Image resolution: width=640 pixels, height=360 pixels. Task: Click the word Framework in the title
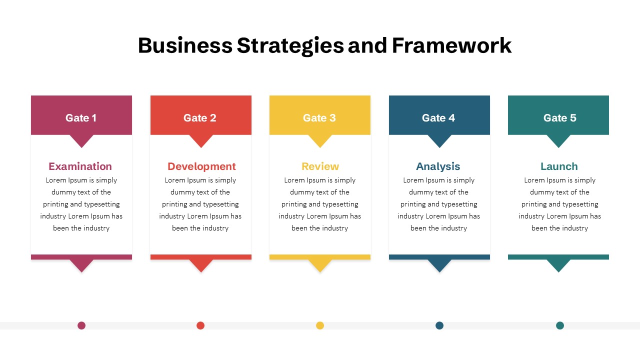click(x=451, y=45)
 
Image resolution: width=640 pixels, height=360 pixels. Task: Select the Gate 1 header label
click(x=81, y=117)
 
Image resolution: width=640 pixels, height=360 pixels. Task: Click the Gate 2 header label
click(x=199, y=117)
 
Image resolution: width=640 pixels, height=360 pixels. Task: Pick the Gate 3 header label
click(x=319, y=117)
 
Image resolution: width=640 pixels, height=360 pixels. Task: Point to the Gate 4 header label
click(x=438, y=117)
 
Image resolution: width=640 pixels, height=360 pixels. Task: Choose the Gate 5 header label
click(x=559, y=117)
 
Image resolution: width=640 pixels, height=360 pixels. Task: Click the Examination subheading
click(x=80, y=166)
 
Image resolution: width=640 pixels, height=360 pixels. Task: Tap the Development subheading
click(x=201, y=167)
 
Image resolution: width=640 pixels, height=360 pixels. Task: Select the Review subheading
click(x=320, y=166)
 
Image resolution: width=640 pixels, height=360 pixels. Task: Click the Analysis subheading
click(x=438, y=167)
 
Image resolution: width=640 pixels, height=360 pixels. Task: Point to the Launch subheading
click(x=559, y=166)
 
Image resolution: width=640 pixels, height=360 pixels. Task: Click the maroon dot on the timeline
click(x=81, y=325)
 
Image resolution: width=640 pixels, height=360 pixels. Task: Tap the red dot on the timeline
click(x=200, y=325)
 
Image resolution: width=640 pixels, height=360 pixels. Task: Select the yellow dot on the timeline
click(x=320, y=325)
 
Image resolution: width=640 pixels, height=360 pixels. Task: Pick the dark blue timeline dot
click(x=439, y=325)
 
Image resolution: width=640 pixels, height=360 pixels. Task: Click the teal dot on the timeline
click(x=560, y=325)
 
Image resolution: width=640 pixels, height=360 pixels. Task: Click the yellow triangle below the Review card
click(x=320, y=264)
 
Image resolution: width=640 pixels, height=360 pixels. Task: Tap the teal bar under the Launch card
click(x=558, y=257)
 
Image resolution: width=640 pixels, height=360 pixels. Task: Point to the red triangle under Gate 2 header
click(x=201, y=139)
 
